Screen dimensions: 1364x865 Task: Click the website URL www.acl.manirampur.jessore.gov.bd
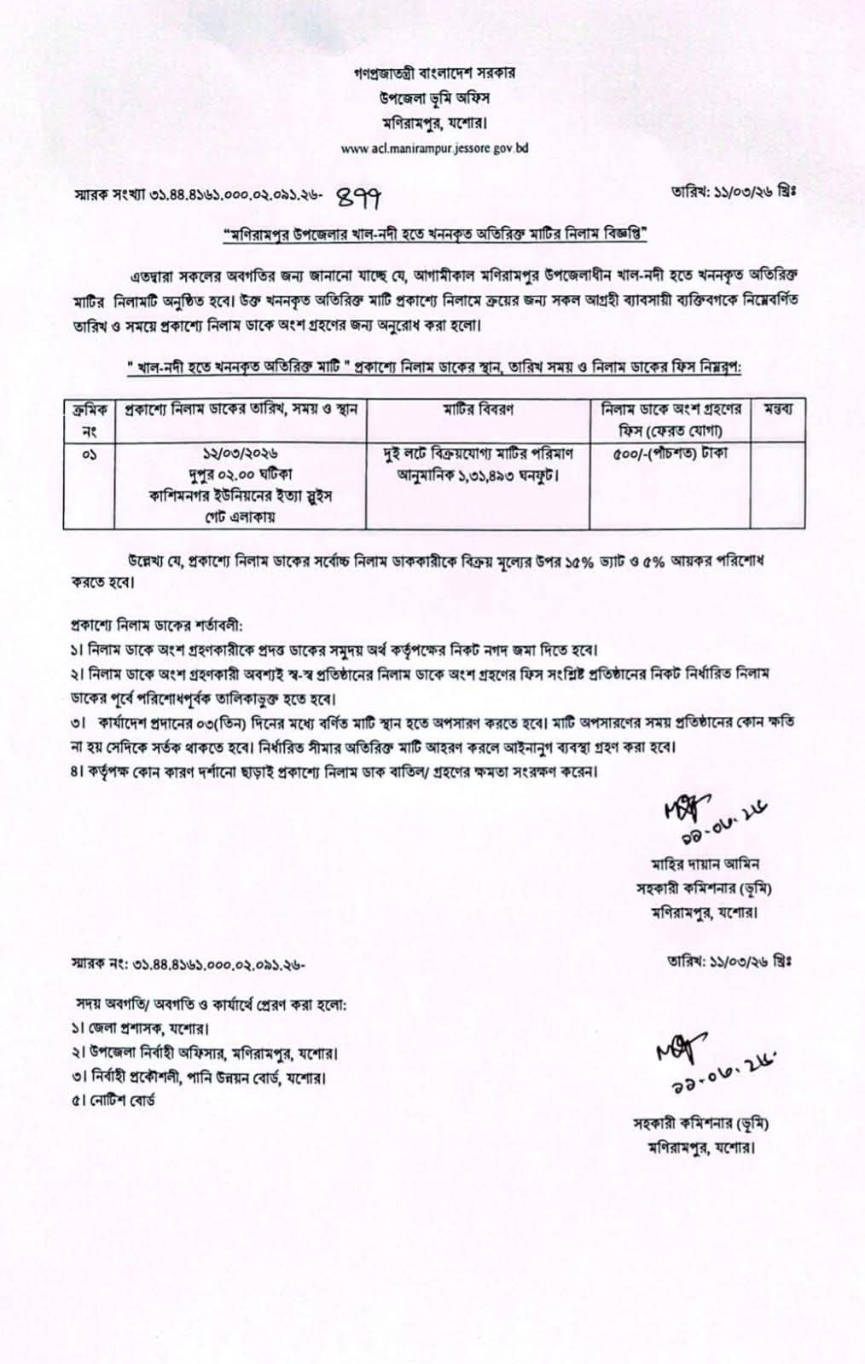433,148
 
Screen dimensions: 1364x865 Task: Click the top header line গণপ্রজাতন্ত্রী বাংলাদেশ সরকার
434,73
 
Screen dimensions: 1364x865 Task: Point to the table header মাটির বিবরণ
478,408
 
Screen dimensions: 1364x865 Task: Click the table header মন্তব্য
776,408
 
